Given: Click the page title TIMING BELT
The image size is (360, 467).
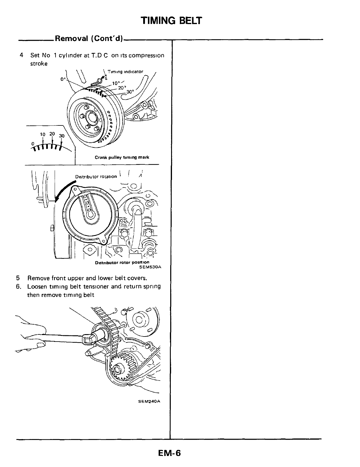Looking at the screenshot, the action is point(171,21).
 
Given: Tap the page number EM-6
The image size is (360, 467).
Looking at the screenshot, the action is point(170,453).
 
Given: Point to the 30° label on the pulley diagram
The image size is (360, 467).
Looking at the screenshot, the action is point(130,92).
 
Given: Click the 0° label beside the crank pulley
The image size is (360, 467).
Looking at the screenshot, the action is point(62,79).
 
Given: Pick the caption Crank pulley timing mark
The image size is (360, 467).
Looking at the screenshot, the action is point(122,157).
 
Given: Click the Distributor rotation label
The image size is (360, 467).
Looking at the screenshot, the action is point(96,176).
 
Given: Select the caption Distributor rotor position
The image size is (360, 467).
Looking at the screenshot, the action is point(122,262).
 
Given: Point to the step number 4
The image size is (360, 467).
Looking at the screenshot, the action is point(21,55).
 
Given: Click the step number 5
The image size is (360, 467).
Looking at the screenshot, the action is point(18,278).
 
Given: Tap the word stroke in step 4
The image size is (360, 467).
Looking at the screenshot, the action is point(39,64).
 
